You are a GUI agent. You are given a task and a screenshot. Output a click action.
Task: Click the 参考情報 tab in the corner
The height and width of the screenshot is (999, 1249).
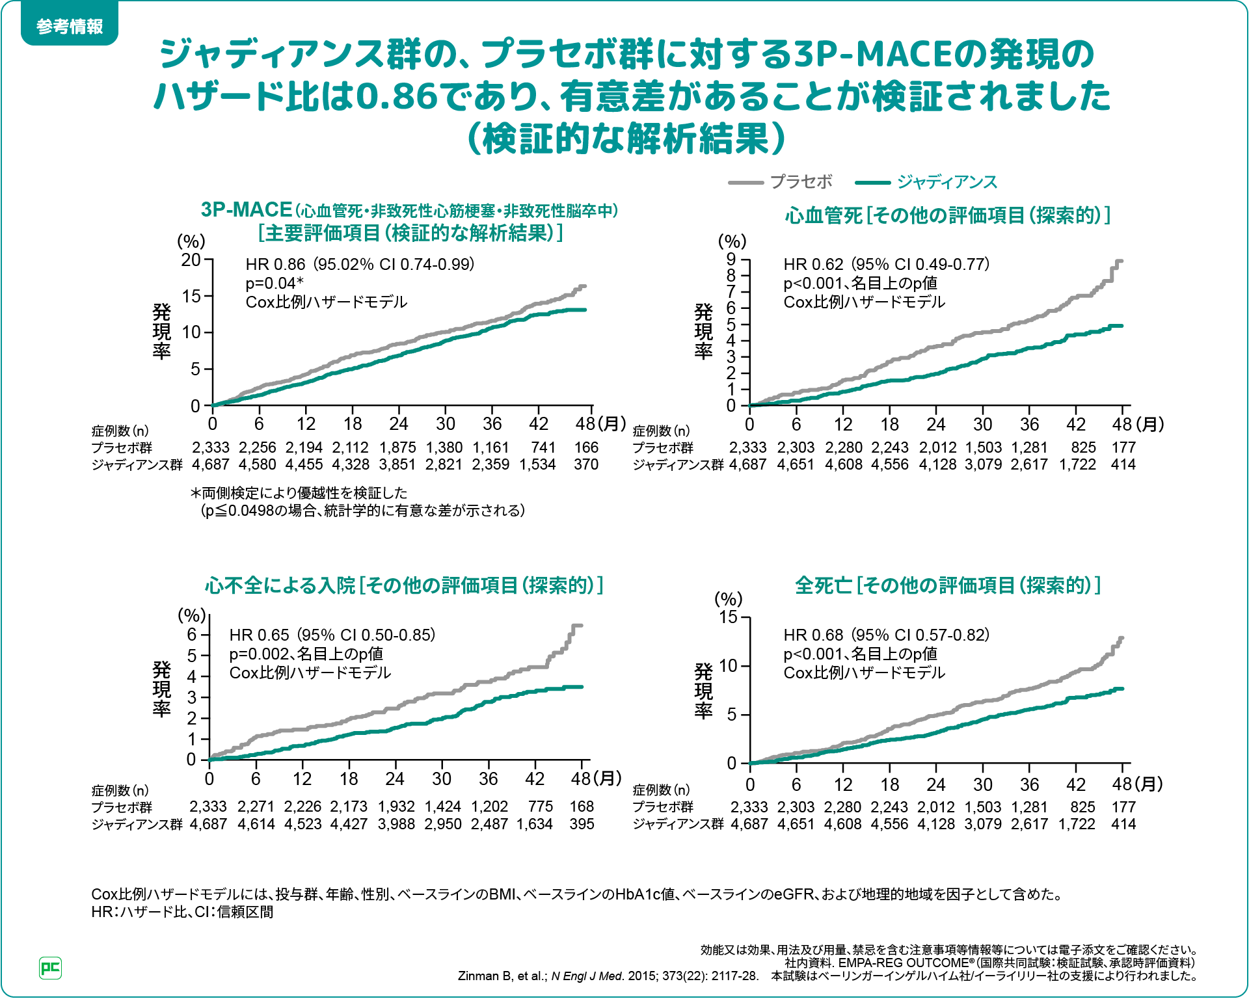[x=70, y=27]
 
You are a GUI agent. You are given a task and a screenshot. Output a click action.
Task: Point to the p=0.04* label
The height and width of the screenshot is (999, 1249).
[x=275, y=283]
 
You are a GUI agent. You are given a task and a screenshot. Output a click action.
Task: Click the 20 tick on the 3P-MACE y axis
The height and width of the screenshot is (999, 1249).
[x=191, y=260]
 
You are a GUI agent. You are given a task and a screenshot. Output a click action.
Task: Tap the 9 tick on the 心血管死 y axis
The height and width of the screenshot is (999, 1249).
[x=731, y=260]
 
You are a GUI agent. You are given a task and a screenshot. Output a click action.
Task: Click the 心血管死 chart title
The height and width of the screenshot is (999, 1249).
[x=947, y=215]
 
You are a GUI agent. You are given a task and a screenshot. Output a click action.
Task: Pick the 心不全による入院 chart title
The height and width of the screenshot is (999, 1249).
[x=404, y=585]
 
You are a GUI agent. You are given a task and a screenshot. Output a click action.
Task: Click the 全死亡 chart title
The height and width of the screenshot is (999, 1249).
[x=947, y=585]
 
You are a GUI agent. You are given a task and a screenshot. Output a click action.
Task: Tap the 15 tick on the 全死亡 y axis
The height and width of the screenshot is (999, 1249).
[x=728, y=617]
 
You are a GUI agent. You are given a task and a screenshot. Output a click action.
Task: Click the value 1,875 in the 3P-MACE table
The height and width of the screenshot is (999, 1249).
[x=397, y=447]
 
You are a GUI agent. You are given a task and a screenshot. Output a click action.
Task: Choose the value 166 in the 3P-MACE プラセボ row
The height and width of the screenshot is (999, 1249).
[x=586, y=447]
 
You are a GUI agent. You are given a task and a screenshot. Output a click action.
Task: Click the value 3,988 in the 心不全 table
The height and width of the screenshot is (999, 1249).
[x=396, y=824]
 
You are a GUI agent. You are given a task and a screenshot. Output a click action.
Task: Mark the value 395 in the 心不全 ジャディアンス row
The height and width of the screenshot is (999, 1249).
[x=582, y=824]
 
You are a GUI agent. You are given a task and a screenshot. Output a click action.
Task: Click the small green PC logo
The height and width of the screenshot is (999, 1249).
[x=50, y=968]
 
